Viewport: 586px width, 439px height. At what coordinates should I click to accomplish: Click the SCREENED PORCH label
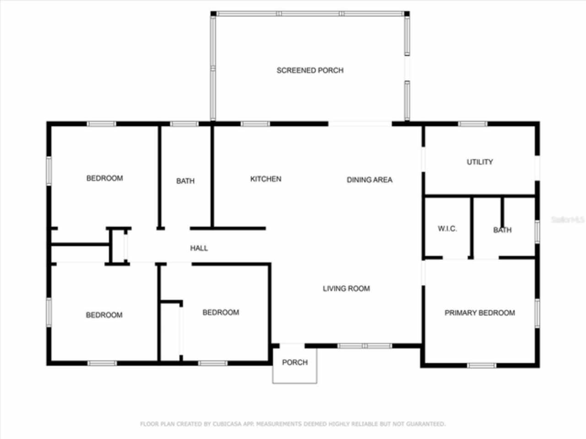tap(310, 70)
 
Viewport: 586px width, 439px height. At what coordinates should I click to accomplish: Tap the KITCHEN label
tap(266, 179)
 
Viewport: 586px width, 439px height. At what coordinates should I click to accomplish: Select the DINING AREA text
tap(369, 180)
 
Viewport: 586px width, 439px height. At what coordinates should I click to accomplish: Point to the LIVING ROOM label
tap(346, 289)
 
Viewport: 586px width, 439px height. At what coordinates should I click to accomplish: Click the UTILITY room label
tap(480, 162)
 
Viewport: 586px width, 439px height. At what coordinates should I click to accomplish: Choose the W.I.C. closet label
tap(447, 229)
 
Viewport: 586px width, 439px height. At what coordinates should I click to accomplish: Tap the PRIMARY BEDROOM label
tap(480, 313)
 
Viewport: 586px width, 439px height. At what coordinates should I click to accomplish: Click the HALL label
tap(199, 248)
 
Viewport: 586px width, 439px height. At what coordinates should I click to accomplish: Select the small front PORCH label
tap(295, 362)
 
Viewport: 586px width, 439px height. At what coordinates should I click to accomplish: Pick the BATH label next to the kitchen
tap(185, 181)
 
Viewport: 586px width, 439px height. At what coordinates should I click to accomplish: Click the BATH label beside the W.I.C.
tap(502, 230)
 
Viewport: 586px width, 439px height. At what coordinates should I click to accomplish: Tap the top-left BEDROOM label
tap(105, 178)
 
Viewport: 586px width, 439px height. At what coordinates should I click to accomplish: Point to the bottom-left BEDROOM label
tap(104, 315)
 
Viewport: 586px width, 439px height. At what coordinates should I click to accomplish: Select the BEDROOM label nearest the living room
tap(221, 312)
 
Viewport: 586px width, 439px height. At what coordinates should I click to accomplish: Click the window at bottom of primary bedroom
tap(481, 365)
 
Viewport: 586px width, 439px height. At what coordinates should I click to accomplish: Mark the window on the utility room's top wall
tap(472, 123)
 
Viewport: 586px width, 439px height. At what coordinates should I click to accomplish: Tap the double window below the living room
tap(365, 346)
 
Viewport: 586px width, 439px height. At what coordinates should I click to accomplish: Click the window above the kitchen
tap(255, 123)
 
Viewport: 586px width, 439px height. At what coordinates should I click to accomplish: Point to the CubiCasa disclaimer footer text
tap(293, 424)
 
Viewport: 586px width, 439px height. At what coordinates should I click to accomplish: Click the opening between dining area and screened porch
tap(360, 123)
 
